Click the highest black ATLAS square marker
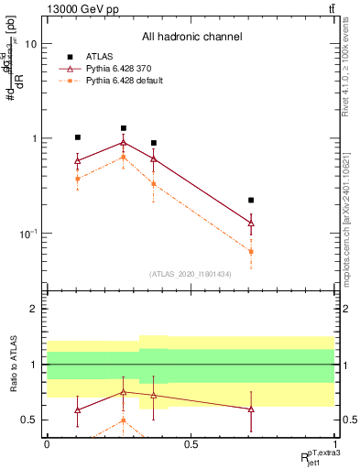click(x=124, y=128)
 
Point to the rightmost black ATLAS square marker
click(x=251, y=200)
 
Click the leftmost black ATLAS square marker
click(x=78, y=137)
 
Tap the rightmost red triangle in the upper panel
click(x=251, y=223)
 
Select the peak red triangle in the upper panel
click(x=124, y=142)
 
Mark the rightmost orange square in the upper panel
click(x=251, y=251)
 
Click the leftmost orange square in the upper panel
click(x=78, y=179)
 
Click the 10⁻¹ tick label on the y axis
click(x=28, y=234)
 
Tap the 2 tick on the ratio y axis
click(x=33, y=310)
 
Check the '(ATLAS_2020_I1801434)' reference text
click(x=190, y=274)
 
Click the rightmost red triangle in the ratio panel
click(x=251, y=409)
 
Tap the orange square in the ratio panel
click(x=124, y=421)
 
